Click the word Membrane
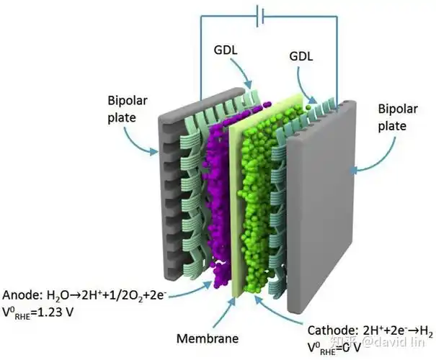pos(208,337)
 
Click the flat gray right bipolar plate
pos(317,216)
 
